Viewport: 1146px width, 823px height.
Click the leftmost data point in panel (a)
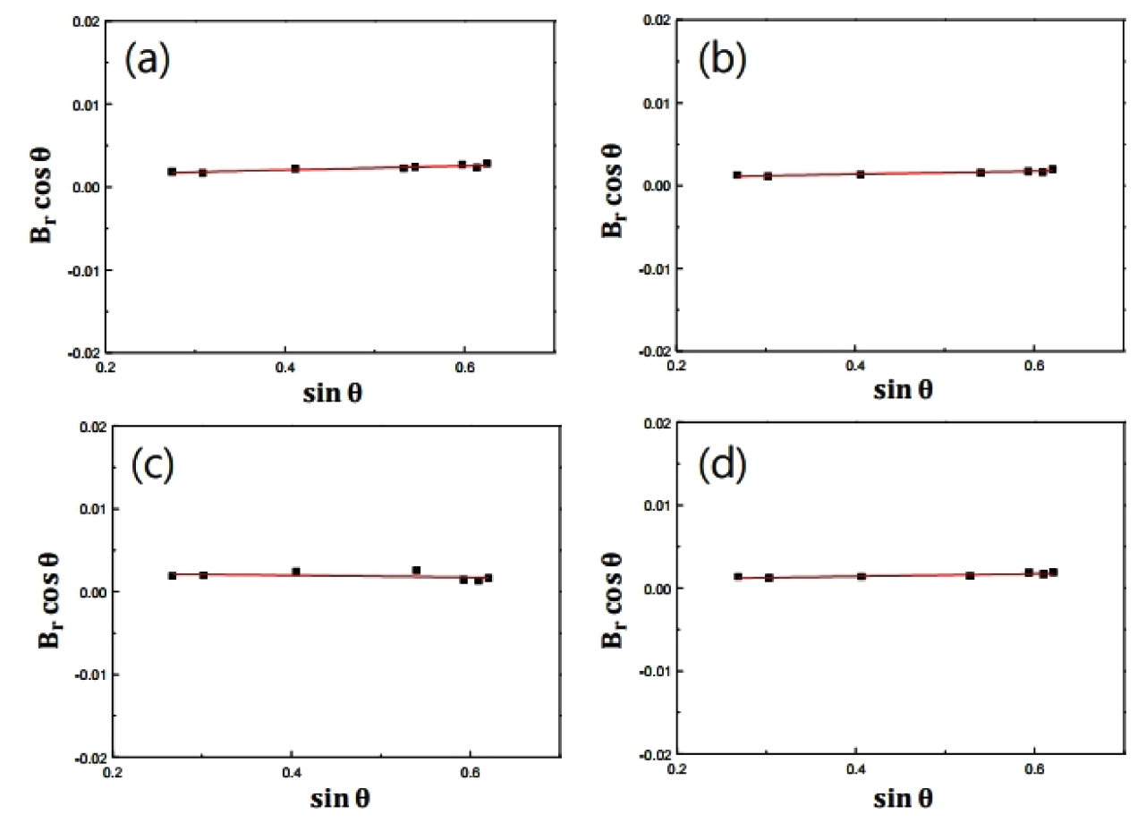click(172, 171)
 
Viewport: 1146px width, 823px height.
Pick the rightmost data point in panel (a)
click(487, 164)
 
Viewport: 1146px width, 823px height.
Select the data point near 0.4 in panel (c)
click(296, 572)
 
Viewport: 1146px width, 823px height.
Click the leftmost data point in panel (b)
click(737, 175)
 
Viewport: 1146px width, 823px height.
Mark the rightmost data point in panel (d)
click(1053, 572)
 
